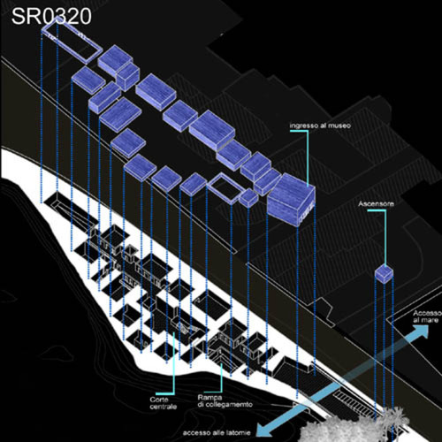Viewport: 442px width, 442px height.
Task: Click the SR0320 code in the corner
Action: (51, 17)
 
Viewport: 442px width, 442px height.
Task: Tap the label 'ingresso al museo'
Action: (320, 126)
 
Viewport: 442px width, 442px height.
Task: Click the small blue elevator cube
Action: (384, 274)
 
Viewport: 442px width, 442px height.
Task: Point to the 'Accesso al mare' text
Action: (427, 316)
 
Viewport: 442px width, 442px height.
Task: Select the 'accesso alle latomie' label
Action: (217, 433)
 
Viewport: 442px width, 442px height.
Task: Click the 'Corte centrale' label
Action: (163, 403)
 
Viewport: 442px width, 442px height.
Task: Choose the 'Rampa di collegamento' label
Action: (225, 401)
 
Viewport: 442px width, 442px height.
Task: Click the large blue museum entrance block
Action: (291, 200)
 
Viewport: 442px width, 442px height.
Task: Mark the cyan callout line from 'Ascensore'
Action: (385, 236)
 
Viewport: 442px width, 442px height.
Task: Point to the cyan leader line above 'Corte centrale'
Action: (173, 365)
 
